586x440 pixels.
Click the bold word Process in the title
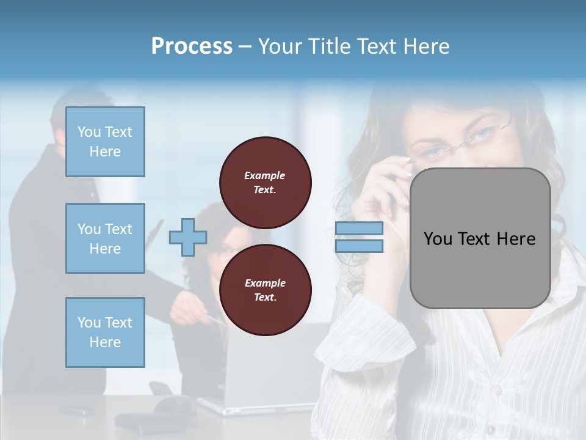tap(192, 46)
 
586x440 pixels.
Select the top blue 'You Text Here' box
tap(105, 142)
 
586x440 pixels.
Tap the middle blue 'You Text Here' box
tap(105, 238)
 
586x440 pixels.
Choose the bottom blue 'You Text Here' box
tap(105, 332)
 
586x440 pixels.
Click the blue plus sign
tap(188, 237)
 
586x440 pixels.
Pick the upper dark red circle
tap(266, 183)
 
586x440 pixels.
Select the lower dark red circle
tap(266, 290)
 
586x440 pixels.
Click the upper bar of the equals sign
tap(359, 229)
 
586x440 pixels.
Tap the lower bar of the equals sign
tap(359, 246)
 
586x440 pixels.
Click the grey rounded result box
tap(480, 238)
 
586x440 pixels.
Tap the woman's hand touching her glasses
tap(391, 183)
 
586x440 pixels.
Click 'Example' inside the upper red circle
tap(265, 175)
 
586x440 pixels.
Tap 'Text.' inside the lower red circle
tap(265, 298)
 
